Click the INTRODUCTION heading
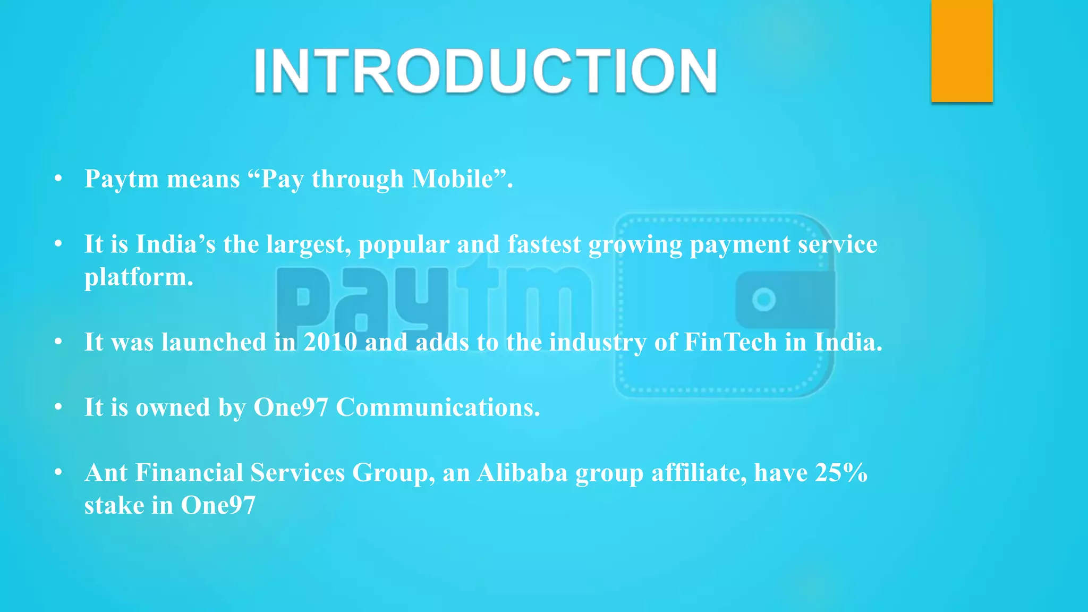[486, 71]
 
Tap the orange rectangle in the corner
[962, 51]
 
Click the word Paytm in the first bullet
[122, 179]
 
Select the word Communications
[438, 407]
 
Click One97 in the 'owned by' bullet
[291, 407]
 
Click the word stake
[114, 505]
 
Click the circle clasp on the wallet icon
[764, 300]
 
